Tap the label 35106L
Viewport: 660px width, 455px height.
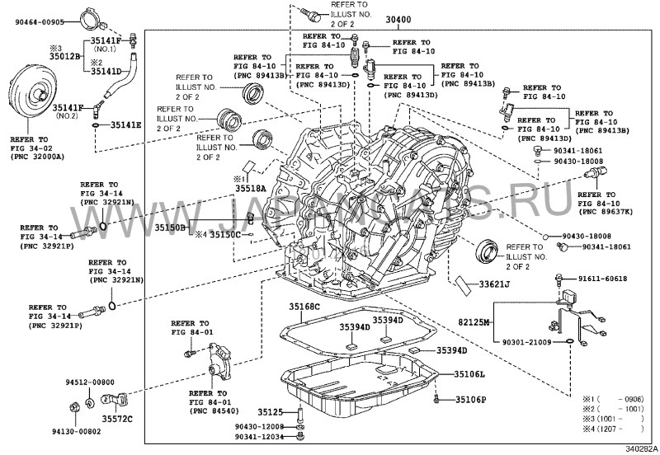click(469, 374)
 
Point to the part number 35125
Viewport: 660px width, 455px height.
click(269, 410)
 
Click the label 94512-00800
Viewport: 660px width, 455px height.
click(91, 382)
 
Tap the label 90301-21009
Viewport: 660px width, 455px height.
click(526, 341)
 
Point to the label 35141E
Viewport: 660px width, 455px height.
click(124, 125)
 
